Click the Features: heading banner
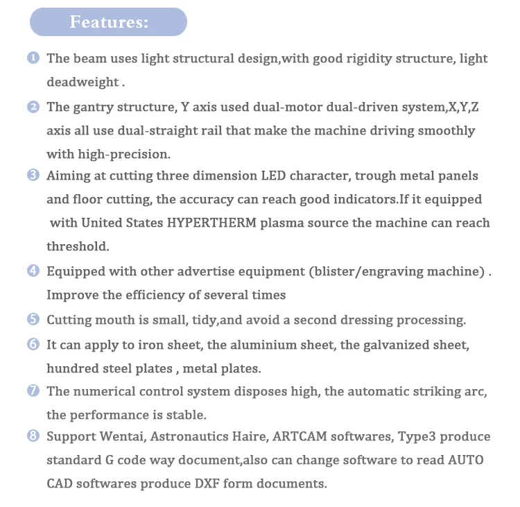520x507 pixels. [108, 22]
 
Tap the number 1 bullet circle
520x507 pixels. [33, 58]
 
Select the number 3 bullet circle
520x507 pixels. [33, 175]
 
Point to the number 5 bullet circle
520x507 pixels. [33, 320]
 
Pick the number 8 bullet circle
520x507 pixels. [33, 436]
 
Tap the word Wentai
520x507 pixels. [116, 437]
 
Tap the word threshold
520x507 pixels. [78, 246]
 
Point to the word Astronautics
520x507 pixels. [189, 437]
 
